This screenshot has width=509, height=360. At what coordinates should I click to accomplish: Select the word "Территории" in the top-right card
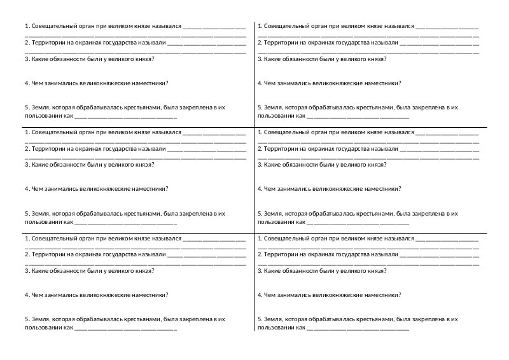(281, 43)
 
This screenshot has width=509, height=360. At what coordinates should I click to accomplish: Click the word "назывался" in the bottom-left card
(165, 239)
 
